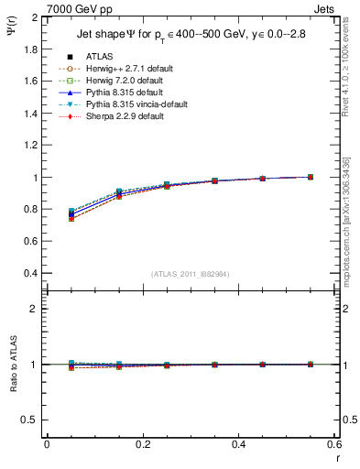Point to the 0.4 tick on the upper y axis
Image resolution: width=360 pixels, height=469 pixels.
tap(30, 274)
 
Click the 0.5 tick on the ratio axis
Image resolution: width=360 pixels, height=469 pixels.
tap(30, 420)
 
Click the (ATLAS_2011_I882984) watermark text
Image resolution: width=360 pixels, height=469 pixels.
tap(190, 274)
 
